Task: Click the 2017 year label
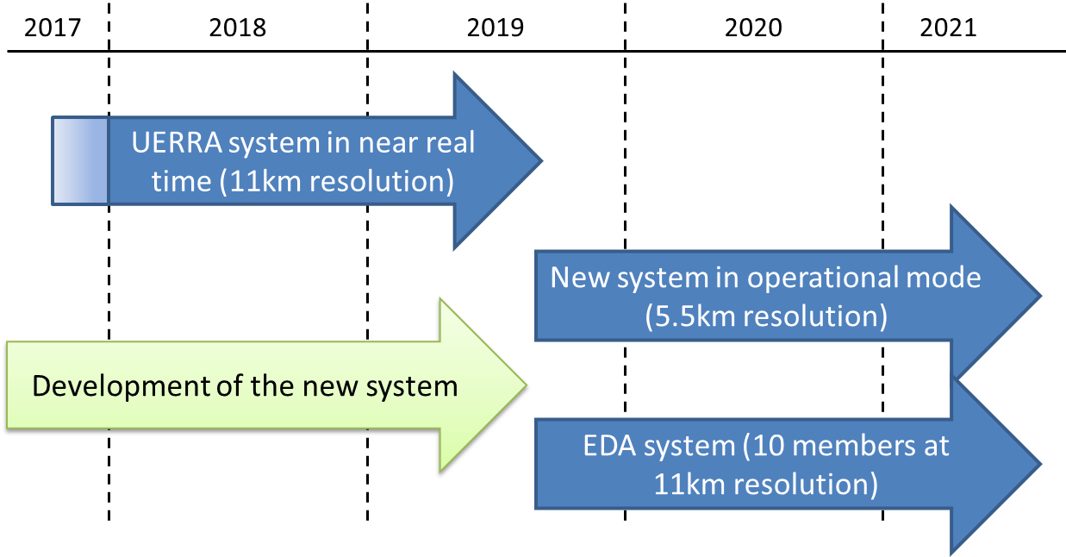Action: (53, 28)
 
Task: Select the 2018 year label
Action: (237, 28)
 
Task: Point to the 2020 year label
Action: (753, 28)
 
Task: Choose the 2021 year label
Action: (948, 28)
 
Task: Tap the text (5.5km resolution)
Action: (766, 316)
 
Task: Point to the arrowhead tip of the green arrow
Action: (527, 385)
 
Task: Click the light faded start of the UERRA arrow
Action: (80, 161)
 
